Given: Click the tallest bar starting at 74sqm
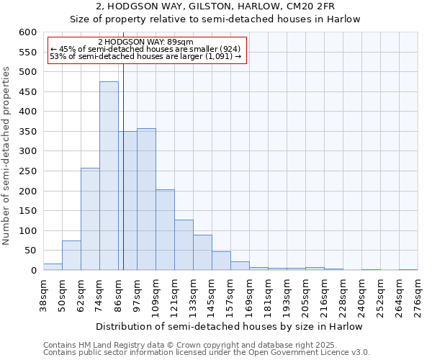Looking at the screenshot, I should click(x=109, y=176).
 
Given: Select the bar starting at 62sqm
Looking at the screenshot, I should click(x=90, y=219).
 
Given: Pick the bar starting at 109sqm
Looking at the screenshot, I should click(x=165, y=230).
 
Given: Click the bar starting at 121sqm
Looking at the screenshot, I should click(x=184, y=245).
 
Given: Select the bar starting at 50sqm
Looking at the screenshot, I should click(x=71, y=256).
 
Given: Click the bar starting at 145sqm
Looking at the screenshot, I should click(x=221, y=261).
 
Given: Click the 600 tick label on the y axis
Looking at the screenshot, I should click(x=27, y=32).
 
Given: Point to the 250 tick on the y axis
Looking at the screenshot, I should click(x=27, y=171).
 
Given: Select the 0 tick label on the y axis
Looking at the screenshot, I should click(x=33, y=271).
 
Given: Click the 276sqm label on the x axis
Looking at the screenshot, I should click(x=418, y=297).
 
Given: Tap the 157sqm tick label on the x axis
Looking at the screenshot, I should click(x=231, y=297).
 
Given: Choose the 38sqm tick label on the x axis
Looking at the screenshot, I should click(x=44, y=297).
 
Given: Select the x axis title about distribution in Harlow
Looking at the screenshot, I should click(x=229, y=326).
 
